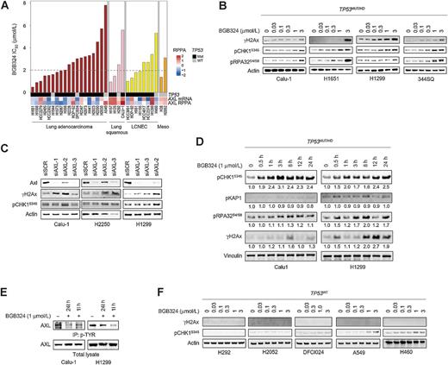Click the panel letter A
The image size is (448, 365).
[x=6, y=7]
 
